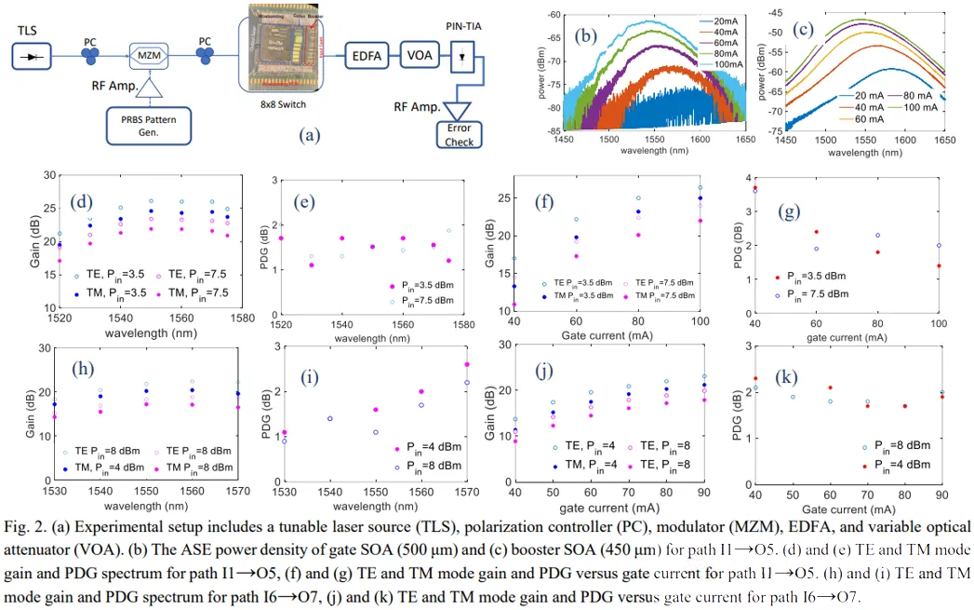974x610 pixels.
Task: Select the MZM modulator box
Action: (x=151, y=58)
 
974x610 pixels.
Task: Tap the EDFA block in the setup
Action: (x=369, y=55)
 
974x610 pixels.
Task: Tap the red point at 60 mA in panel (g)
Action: (x=816, y=232)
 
